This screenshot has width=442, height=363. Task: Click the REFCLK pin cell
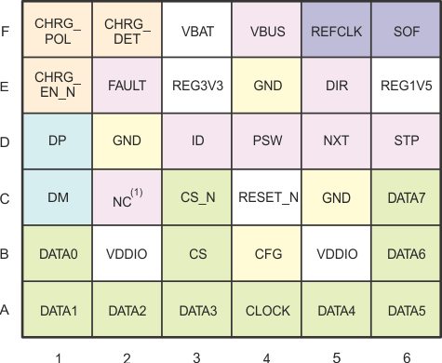tap(336, 30)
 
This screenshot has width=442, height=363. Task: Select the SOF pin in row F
tap(406, 30)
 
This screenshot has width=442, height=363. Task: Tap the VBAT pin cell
tap(196, 30)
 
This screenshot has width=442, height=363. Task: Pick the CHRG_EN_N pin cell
tap(57, 85)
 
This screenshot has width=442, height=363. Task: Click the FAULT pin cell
tap(127, 85)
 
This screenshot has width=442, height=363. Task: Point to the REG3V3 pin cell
tap(196, 85)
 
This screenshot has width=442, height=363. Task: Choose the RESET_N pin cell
tap(266, 197)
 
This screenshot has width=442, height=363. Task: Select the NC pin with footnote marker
tap(127, 197)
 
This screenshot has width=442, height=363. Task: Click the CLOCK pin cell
tap(266, 310)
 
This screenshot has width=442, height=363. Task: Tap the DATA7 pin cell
tap(406, 197)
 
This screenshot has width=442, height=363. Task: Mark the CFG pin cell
tap(266, 253)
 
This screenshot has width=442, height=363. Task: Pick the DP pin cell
tap(57, 141)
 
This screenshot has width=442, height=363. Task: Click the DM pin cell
tap(57, 197)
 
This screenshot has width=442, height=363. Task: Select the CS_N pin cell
tap(196, 197)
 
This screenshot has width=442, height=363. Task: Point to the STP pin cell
tap(406, 141)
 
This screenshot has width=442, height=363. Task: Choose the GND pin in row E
tap(266, 85)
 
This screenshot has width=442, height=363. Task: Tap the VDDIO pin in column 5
tap(336, 253)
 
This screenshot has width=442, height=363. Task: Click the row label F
tap(7, 30)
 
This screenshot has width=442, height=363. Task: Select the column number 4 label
tap(266, 355)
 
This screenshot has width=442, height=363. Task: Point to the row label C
tap(7, 197)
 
